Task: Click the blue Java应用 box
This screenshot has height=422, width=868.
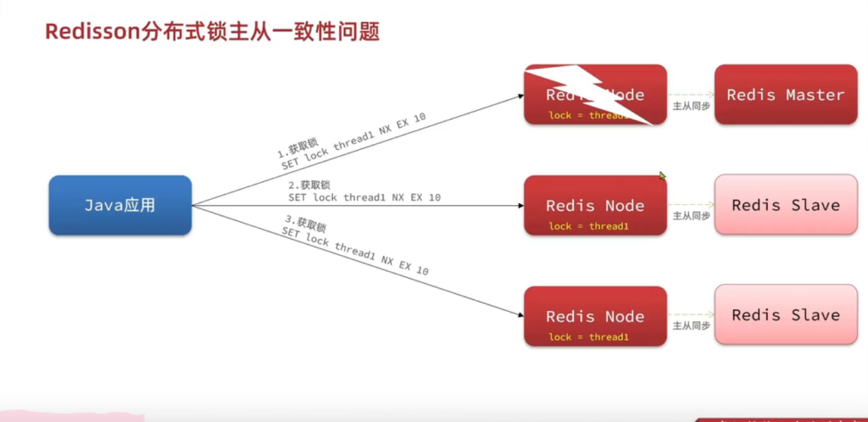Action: pyautogui.click(x=120, y=205)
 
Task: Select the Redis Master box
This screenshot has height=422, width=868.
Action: pyautogui.click(x=786, y=95)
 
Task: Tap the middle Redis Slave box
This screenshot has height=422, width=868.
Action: pyautogui.click(x=786, y=205)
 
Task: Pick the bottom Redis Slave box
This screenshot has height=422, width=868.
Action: pyautogui.click(x=786, y=314)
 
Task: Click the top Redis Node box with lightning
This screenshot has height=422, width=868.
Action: pyautogui.click(x=595, y=95)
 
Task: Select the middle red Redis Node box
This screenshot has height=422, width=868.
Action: pyautogui.click(x=595, y=205)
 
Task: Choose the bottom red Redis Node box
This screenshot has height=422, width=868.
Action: pyautogui.click(x=595, y=316)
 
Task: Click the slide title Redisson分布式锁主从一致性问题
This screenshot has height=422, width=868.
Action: pyautogui.click(x=212, y=32)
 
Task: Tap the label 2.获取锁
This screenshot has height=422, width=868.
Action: pyautogui.click(x=309, y=185)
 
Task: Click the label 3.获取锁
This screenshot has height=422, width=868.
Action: pyautogui.click(x=306, y=228)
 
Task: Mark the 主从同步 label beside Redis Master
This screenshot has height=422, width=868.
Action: pyautogui.click(x=690, y=106)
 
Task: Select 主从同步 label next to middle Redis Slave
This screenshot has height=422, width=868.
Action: pyautogui.click(x=690, y=216)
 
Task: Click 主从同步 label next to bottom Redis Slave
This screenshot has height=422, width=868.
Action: pyautogui.click(x=690, y=326)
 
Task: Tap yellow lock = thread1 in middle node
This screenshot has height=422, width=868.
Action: pyautogui.click(x=588, y=226)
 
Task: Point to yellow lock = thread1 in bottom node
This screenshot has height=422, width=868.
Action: pyautogui.click(x=588, y=337)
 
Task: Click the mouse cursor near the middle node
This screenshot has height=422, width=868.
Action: pyautogui.click(x=662, y=176)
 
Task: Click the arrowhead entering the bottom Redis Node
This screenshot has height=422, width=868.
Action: pyautogui.click(x=519, y=314)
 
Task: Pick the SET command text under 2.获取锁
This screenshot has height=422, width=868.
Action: pyautogui.click(x=364, y=197)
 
